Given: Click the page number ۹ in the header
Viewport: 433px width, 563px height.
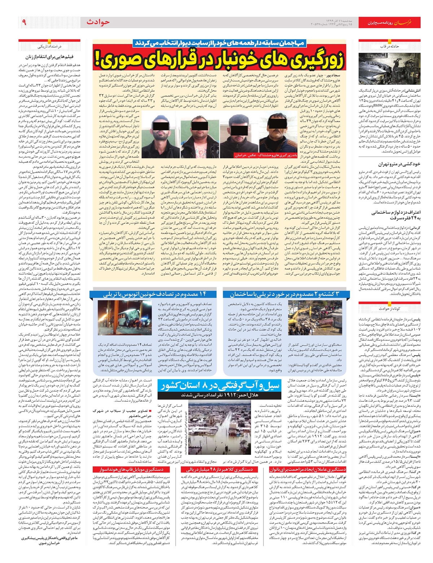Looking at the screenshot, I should [24, 22].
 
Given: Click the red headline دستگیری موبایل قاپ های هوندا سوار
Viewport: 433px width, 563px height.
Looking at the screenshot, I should [128, 469].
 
